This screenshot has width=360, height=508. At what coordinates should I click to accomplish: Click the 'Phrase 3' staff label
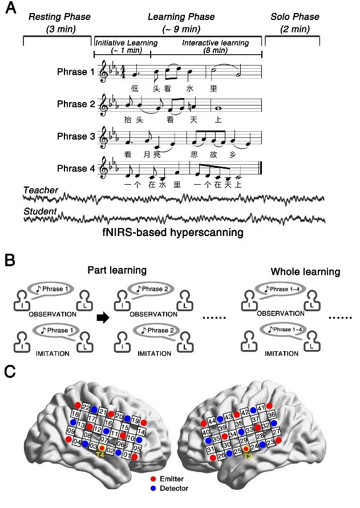(75, 137)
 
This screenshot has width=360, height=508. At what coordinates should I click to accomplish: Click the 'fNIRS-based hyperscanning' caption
(173, 233)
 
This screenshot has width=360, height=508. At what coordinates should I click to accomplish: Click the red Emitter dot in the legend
(152, 478)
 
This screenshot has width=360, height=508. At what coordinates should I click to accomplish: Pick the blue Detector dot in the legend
(152, 488)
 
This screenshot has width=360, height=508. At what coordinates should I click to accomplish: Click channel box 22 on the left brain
(86, 407)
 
